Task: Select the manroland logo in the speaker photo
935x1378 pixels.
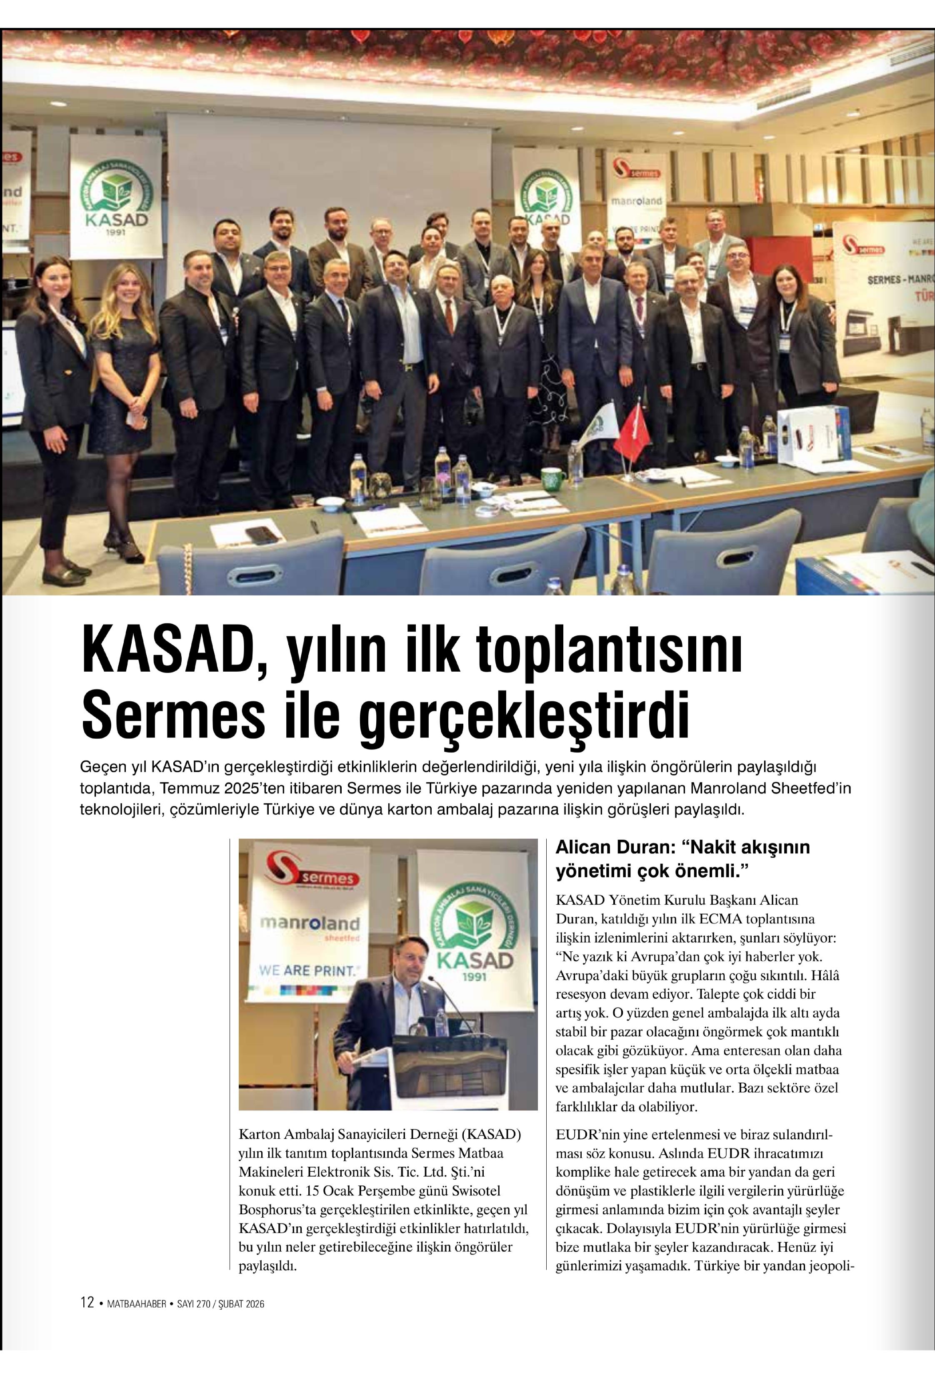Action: pos(310,924)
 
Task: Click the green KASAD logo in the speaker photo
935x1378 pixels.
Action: pos(474,930)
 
